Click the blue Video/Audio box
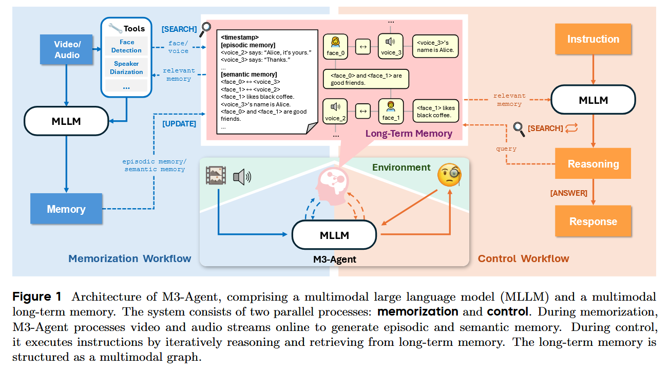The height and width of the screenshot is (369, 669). click(67, 50)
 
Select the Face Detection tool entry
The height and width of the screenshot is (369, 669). click(126, 46)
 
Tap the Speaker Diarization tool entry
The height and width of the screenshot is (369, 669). click(126, 68)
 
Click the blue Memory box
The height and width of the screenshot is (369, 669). click(66, 209)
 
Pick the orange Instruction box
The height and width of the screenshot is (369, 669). click(593, 39)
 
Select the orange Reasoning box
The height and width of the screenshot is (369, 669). click(593, 164)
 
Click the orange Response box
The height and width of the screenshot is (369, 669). click(593, 222)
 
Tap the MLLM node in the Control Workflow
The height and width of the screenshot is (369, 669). click(593, 99)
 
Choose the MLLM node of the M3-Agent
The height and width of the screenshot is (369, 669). click(334, 235)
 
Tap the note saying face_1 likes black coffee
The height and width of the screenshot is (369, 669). click(435, 112)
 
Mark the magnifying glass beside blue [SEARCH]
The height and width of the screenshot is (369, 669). click(206, 29)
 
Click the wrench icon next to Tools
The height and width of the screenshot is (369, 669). click(115, 28)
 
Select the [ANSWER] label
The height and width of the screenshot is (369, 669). click(568, 193)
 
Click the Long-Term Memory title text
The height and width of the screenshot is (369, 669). click(409, 134)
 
